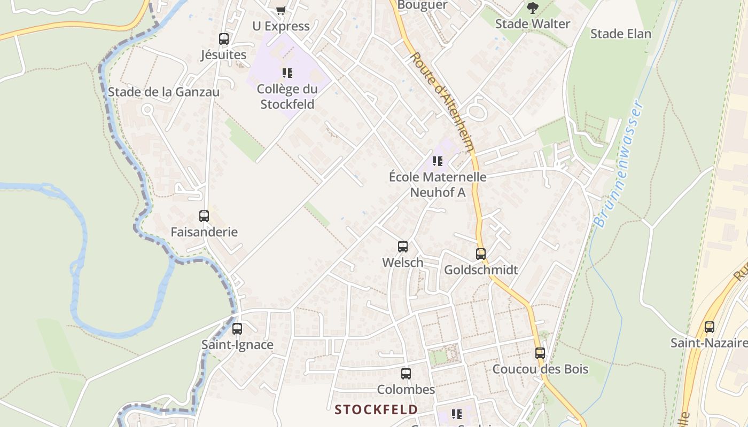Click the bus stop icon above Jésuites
pyautogui.click(x=224, y=39)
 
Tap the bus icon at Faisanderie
pyautogui.click(x=204, y=216)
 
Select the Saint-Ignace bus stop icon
pyautogui.click(x=237, y=329)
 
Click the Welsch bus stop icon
pyautogui.click(x=403, y=247)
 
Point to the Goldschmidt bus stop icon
pyautogui.click(x=481, y=254)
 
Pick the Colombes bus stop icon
pyautogui.click(x=406, y=374)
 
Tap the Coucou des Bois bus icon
pyautogui.click(x=540, y=353)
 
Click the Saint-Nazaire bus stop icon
pyautogui.click(x=710, y=327)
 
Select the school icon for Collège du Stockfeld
pyautogui.click(x=287, y=73)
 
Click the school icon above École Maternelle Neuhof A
pyautogui.click(x=438, y=161)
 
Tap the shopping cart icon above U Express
pyautogui.click(x=281, y=10)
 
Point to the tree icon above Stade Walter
pyautogui.click(x=532, y=8)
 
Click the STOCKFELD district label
pyautogui.click(x=376, y=410)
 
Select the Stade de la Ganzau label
pyautogui.click(x=163, y=92)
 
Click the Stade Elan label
pyautogui.click(x=620, y=34)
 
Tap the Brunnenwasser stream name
pyautogui.click(x=620, y=163)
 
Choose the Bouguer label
pyautogui.click(x=422, y=5)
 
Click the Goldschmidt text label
pyautogui.click(x=481, y=270)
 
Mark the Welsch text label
pyautogui.click(x=403, y=263)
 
